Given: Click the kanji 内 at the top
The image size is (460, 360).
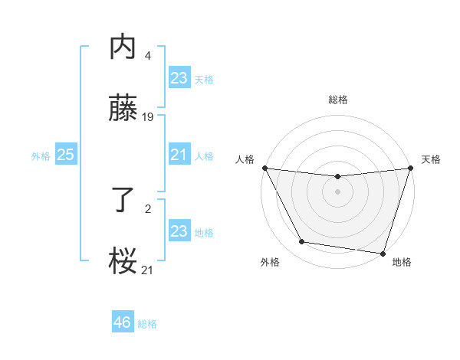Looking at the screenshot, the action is click(x=123, y=47).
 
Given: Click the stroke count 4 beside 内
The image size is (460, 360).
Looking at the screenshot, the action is click(x=147, y=56).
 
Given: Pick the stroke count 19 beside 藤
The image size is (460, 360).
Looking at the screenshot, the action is click(x=148, y=117).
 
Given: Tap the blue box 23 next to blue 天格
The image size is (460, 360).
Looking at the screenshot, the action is click(x=179, y=78).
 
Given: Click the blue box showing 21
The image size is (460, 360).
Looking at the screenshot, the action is click(x=179, y=155).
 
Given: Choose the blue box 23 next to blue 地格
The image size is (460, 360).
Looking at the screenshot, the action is click(x=179, y=231).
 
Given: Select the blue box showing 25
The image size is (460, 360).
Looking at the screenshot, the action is click(x=66, y=155).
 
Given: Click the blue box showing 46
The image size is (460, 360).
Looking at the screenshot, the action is click(x=123, y=322).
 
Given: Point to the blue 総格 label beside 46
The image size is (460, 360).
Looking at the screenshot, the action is click(x=147, y=324).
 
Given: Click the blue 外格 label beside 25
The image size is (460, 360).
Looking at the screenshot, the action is click(x=41, y=156).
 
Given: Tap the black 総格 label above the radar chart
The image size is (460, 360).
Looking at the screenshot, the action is click(x=337, y=100).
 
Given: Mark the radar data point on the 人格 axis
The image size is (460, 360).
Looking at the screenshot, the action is click(x=264, y=168).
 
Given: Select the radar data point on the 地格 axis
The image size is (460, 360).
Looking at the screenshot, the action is click(x=383, y=253).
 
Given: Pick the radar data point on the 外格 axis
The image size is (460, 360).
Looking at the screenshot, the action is click(x=302, y=242).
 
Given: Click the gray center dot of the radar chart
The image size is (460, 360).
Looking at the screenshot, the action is click(x=337, y=191).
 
